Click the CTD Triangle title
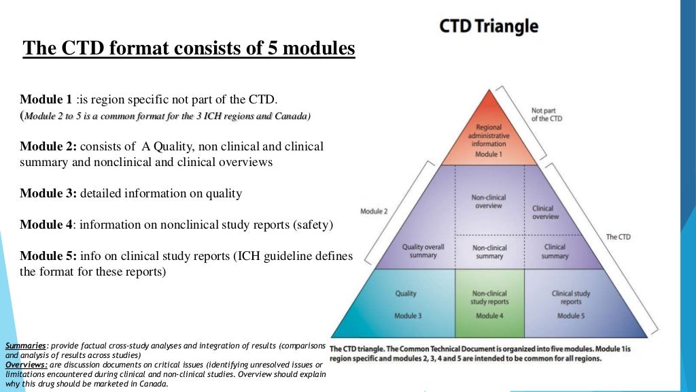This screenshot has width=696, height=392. [x=488, y=27]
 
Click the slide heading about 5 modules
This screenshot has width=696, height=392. [x=189, y=49]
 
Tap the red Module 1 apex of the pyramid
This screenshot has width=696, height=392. [x=488, y=136]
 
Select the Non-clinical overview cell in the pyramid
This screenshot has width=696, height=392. [x=488, y=201]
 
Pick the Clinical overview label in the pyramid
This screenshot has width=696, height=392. [x=545, y=212]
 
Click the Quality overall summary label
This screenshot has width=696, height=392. [x=423, y=251]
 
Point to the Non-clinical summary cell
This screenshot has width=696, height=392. [x=488, y=251]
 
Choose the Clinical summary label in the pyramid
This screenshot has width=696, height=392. [x=555, y=251]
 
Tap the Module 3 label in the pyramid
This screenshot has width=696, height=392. [x=408, y=316]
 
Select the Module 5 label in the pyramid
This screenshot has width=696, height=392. [x=571, y=316]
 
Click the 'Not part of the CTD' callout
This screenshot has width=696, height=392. [x=546, y=114]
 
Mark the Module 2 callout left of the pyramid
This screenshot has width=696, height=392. [x=374, y=212]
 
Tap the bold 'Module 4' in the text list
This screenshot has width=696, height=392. [x=47, y=224]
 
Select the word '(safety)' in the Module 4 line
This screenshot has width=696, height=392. [x=311, y=224]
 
